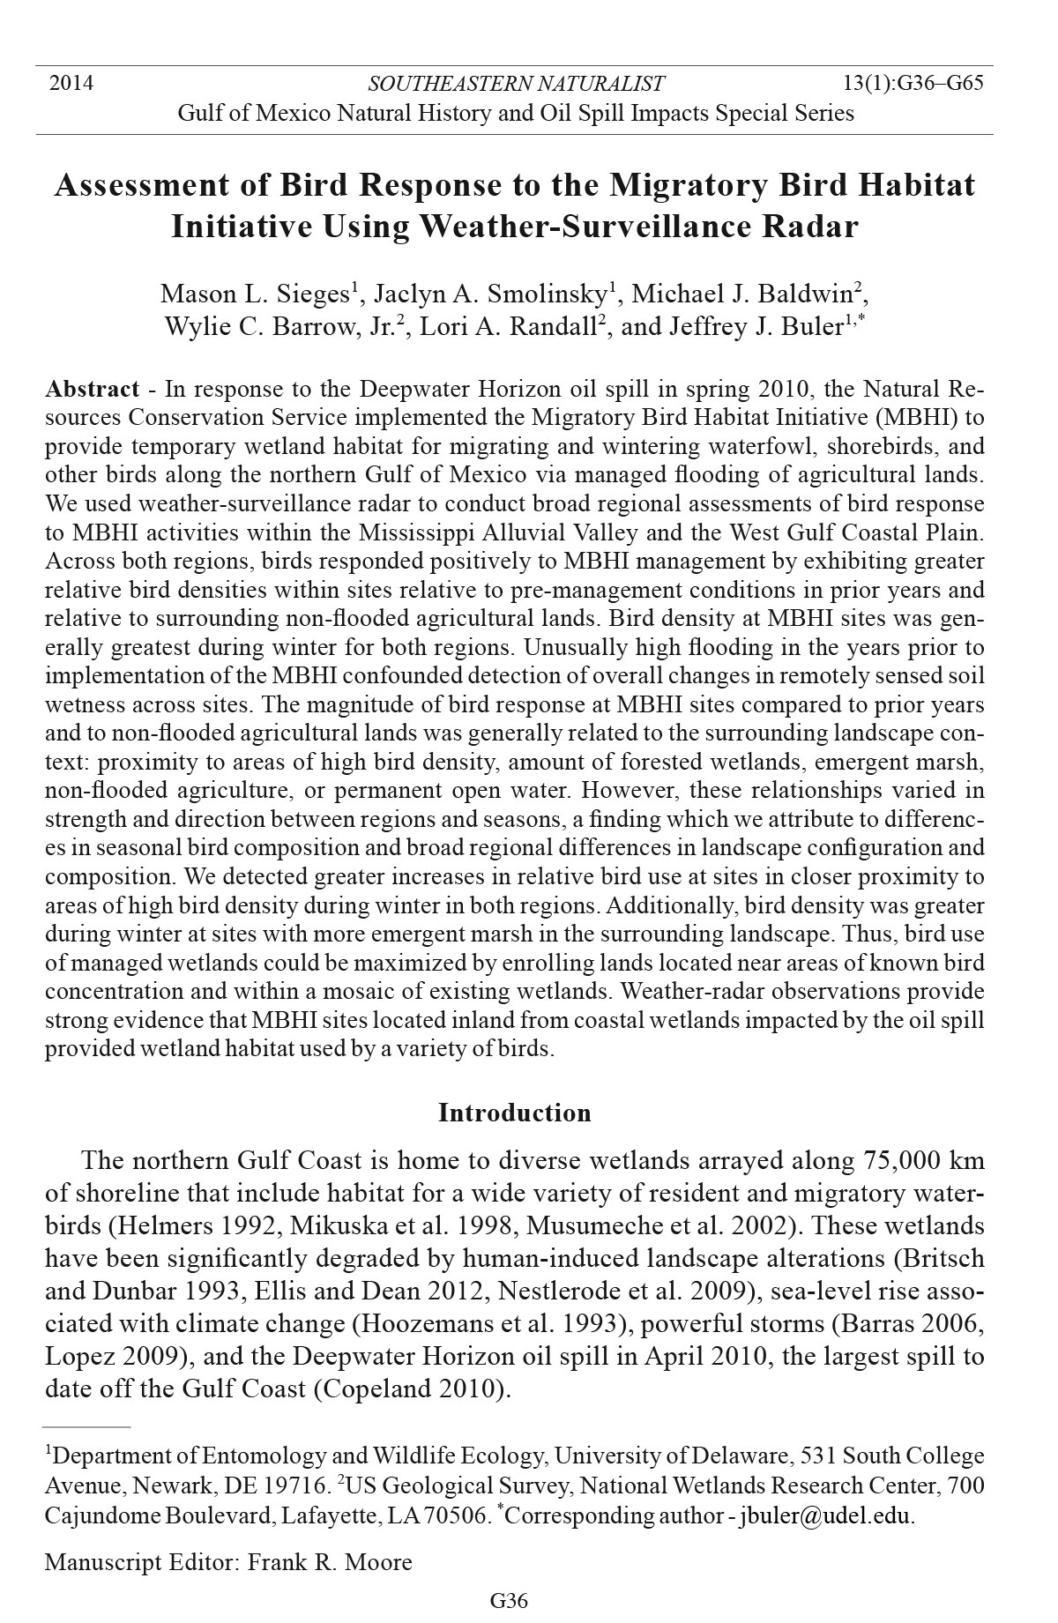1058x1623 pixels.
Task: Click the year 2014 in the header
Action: (71, 84)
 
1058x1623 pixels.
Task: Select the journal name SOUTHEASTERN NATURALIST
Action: (516, 85)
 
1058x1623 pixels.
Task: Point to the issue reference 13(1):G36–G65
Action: (913, 84)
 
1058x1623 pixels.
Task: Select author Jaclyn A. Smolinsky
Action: (490, 294)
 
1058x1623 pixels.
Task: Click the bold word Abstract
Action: (93, 390)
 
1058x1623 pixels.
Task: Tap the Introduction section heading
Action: (515, 1113)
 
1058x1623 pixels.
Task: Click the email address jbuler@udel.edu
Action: (824, 1516)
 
